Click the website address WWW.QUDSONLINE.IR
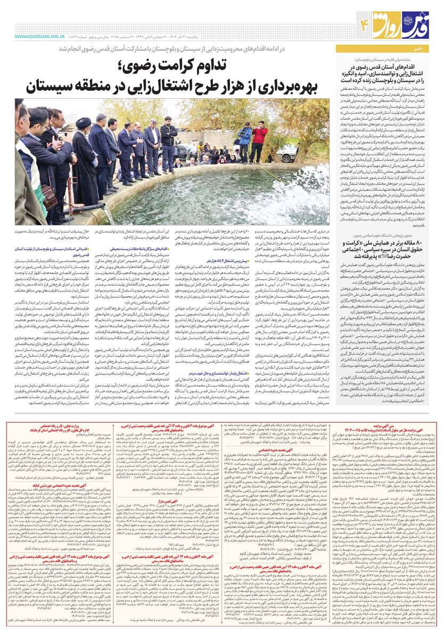(x=40, y=37)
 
